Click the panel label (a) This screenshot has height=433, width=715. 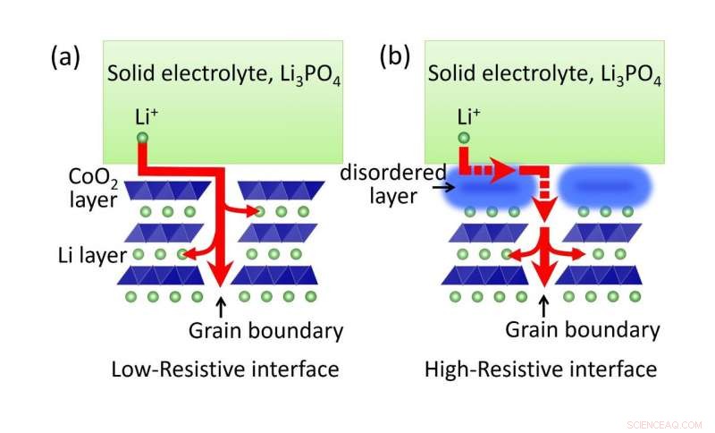click(65, 58)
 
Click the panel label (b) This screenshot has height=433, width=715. click(395, 58)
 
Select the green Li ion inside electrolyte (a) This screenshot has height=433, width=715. click(141, 139)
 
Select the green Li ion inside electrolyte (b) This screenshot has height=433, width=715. click(464, 139)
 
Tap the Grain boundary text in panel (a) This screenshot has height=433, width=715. click(265, 330)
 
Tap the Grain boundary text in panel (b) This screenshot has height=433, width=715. click(583, 329)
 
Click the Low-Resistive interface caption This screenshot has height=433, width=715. click(224, 369)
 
